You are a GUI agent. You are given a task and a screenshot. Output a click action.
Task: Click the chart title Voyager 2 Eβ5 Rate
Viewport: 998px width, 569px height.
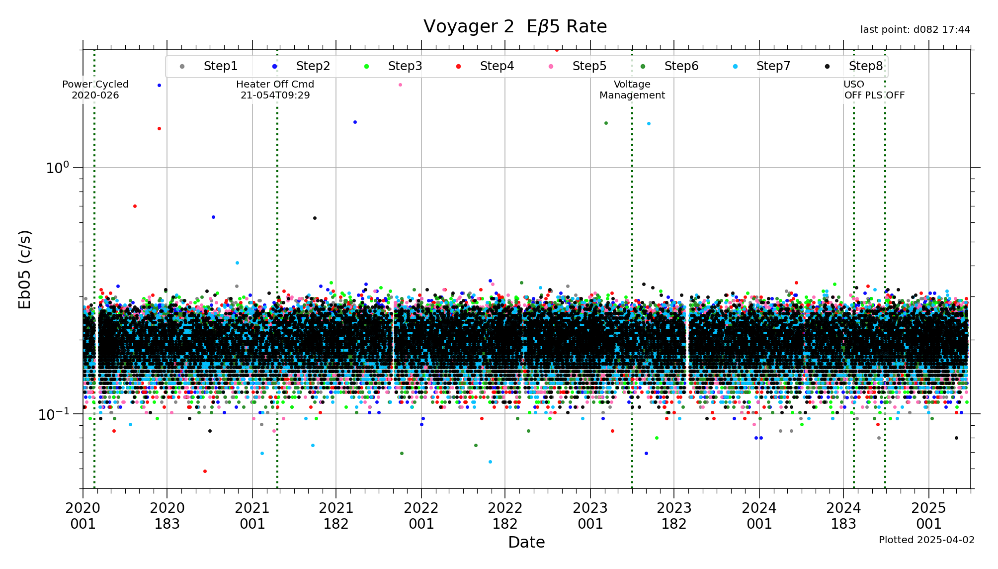[x=515, y=27]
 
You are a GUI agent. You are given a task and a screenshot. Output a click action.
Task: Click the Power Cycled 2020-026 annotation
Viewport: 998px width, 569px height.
[x=95, y=90]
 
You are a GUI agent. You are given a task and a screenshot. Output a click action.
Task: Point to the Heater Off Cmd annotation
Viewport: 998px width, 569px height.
[x=275, y=90]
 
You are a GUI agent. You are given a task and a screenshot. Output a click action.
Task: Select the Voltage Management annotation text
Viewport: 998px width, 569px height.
[x=632, y=90]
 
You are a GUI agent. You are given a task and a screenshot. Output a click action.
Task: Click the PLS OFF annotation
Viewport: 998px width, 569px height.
[x=885, y=95]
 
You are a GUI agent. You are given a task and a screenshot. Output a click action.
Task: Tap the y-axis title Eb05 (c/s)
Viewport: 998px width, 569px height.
[x=25, y=269]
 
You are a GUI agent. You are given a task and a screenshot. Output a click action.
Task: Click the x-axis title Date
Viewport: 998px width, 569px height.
[x=526, y=542]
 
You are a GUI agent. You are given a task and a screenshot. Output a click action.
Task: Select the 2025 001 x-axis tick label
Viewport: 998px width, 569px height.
[x=928, y=515]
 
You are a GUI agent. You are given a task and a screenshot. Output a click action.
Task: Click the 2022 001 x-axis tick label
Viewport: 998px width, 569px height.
[x=421, y=515]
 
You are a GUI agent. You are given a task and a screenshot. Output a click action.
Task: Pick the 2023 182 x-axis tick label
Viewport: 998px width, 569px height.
[x=674, y=515]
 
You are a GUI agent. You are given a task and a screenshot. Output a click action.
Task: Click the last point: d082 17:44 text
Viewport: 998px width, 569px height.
[x=915, y=30]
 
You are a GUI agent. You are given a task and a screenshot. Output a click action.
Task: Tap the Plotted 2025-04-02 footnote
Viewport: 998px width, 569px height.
[x=926, y=540]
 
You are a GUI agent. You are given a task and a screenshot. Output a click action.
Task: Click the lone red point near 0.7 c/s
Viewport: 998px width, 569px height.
[x=135, y=206]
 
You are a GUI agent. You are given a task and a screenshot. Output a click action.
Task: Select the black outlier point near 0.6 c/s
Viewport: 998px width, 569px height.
[x=315, y=218]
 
